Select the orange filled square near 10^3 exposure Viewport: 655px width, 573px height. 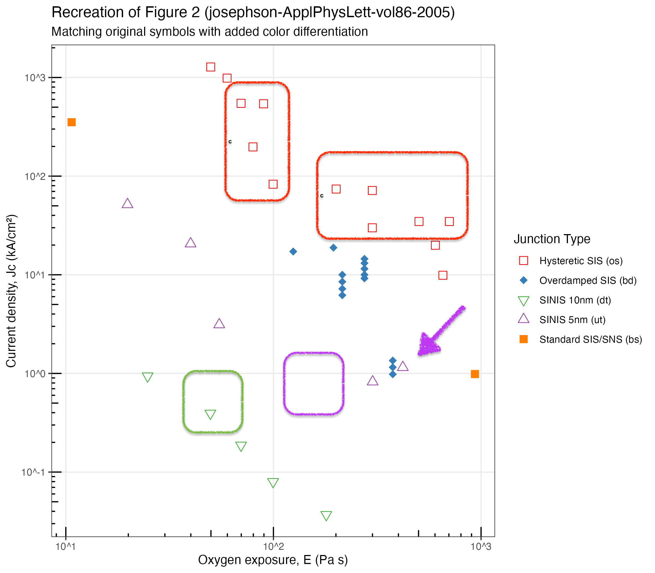475,374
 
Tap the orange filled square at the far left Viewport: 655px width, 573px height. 71,122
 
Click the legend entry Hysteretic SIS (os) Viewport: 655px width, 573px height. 581,261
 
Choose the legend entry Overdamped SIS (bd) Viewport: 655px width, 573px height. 588,280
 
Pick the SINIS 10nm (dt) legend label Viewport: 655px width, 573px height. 575,300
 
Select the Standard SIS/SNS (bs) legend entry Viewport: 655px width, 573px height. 591,339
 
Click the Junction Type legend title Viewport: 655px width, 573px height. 552,239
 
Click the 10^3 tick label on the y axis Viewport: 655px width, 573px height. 35,77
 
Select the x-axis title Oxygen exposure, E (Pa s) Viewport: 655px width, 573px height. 273,560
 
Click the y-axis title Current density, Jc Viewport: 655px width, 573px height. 11,291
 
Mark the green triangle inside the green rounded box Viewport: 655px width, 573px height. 210,414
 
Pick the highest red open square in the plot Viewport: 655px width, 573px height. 210,67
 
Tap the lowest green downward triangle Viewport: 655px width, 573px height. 326,515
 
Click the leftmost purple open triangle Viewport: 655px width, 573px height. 127,203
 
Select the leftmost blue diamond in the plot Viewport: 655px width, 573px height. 293,251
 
